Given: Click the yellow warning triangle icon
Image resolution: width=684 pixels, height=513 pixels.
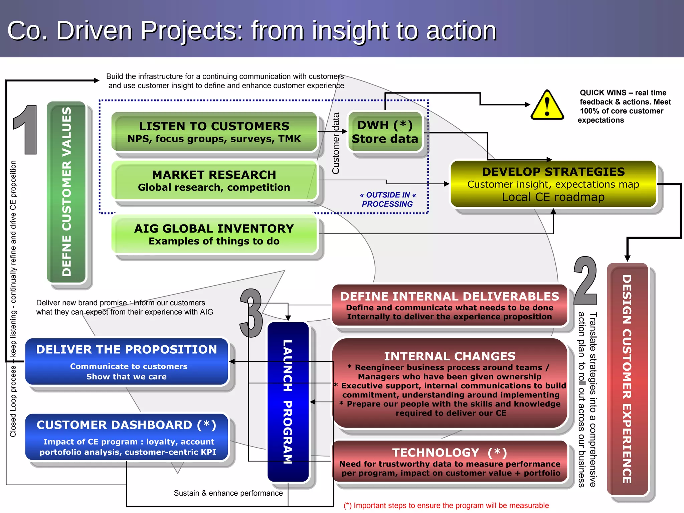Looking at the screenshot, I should click(547, 106).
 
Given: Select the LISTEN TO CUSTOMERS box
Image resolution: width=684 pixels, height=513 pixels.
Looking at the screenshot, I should click(214, 132).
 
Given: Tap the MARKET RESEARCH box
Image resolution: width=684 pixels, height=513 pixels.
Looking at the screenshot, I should click(214, 180).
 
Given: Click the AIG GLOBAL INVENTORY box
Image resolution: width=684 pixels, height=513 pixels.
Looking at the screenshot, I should click(214, 234).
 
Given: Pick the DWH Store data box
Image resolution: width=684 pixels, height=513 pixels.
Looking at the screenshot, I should click(385, 132).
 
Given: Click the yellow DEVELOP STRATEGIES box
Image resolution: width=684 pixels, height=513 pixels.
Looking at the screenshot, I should click(553, 184).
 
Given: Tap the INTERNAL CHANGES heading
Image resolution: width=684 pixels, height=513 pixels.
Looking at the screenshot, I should click(450, 356).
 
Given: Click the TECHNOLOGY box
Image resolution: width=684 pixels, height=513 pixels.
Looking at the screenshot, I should click(450, 462).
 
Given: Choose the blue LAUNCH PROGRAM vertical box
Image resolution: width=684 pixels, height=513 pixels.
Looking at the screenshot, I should click(288, 402).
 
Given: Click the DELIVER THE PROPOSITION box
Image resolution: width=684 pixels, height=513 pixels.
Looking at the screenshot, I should click(127, 362).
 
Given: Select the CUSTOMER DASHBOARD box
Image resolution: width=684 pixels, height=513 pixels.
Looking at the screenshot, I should click(127, 437).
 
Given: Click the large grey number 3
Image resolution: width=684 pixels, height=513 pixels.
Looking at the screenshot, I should click(251, 313).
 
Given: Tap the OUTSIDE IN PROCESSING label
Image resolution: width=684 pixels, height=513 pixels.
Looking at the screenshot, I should click(387, 199).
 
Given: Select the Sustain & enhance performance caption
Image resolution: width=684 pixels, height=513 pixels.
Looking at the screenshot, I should click(228, 493).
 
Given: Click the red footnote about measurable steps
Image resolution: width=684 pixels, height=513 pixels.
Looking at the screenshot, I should click(446, 506).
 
